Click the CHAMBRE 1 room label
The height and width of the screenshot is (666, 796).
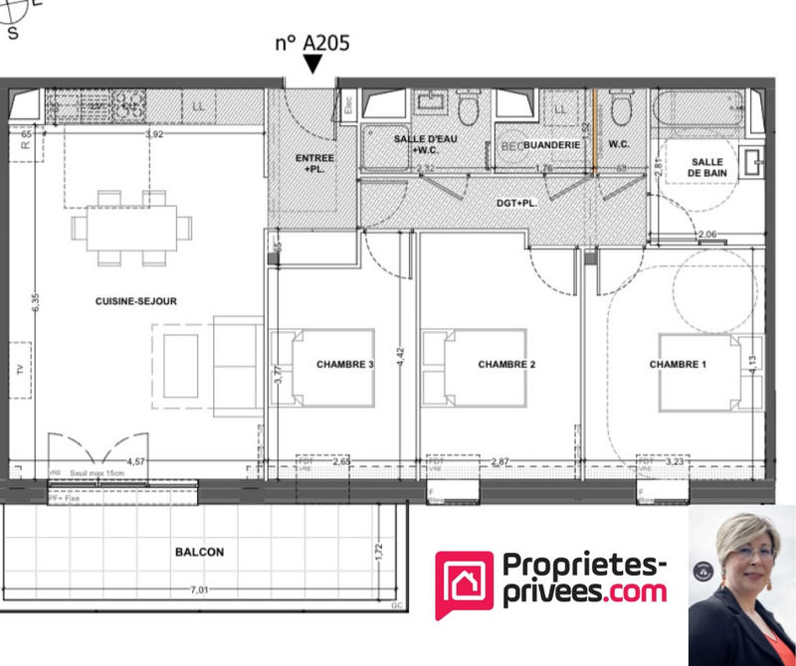pyautogui.click(x=678, y=365)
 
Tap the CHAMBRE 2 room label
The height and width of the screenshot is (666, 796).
pyautogui.click(x=506, y=365)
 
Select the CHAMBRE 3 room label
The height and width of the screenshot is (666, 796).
pyautogui.click(x=344, y=365)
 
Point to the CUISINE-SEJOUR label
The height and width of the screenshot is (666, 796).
pyautogui.click(x=136, y=301)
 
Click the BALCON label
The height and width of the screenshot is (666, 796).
pyautogui.click(x=199, y=552)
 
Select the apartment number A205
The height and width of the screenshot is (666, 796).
pyautogui.click(x=312, y=43)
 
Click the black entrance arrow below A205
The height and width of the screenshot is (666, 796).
pyautogui.click(x=312, y=65)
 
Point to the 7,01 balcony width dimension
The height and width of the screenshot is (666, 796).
pyautogui.click(x=200, y=589)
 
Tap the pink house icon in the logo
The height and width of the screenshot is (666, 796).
pyautogui.click(x=464, y=585)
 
